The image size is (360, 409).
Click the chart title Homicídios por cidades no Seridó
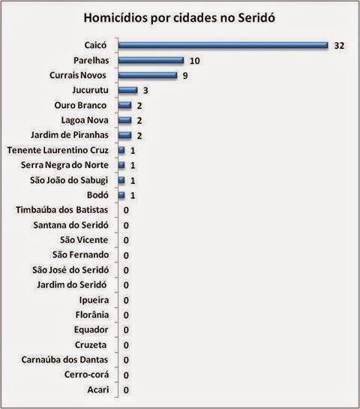click(179, 18)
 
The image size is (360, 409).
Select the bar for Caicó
click(223, 45)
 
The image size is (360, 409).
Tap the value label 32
click(339, 46)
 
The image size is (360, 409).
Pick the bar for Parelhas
click(151, 60)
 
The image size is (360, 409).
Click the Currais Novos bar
click(148, 75)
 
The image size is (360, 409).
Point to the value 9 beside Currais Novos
click(185, 76)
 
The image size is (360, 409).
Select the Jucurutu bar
click(127, 90)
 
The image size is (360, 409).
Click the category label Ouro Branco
click(80, 105)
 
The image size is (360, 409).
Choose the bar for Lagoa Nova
click(124, 120)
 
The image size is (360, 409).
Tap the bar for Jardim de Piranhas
click(124, 135)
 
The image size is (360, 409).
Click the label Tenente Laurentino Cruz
click(58, 150)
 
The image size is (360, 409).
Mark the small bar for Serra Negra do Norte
click(121, 165)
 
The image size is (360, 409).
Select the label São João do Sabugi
click(69, 180)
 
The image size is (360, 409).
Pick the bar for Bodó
click(121, 195)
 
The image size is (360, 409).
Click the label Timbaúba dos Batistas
click(62, 210)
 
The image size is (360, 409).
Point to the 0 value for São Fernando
click(126, 255)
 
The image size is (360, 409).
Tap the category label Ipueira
click(94, 300)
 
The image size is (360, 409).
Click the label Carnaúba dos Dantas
click(64, 359)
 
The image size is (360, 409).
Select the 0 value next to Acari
click(126, 390)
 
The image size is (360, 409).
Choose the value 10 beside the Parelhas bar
click(195, 61)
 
